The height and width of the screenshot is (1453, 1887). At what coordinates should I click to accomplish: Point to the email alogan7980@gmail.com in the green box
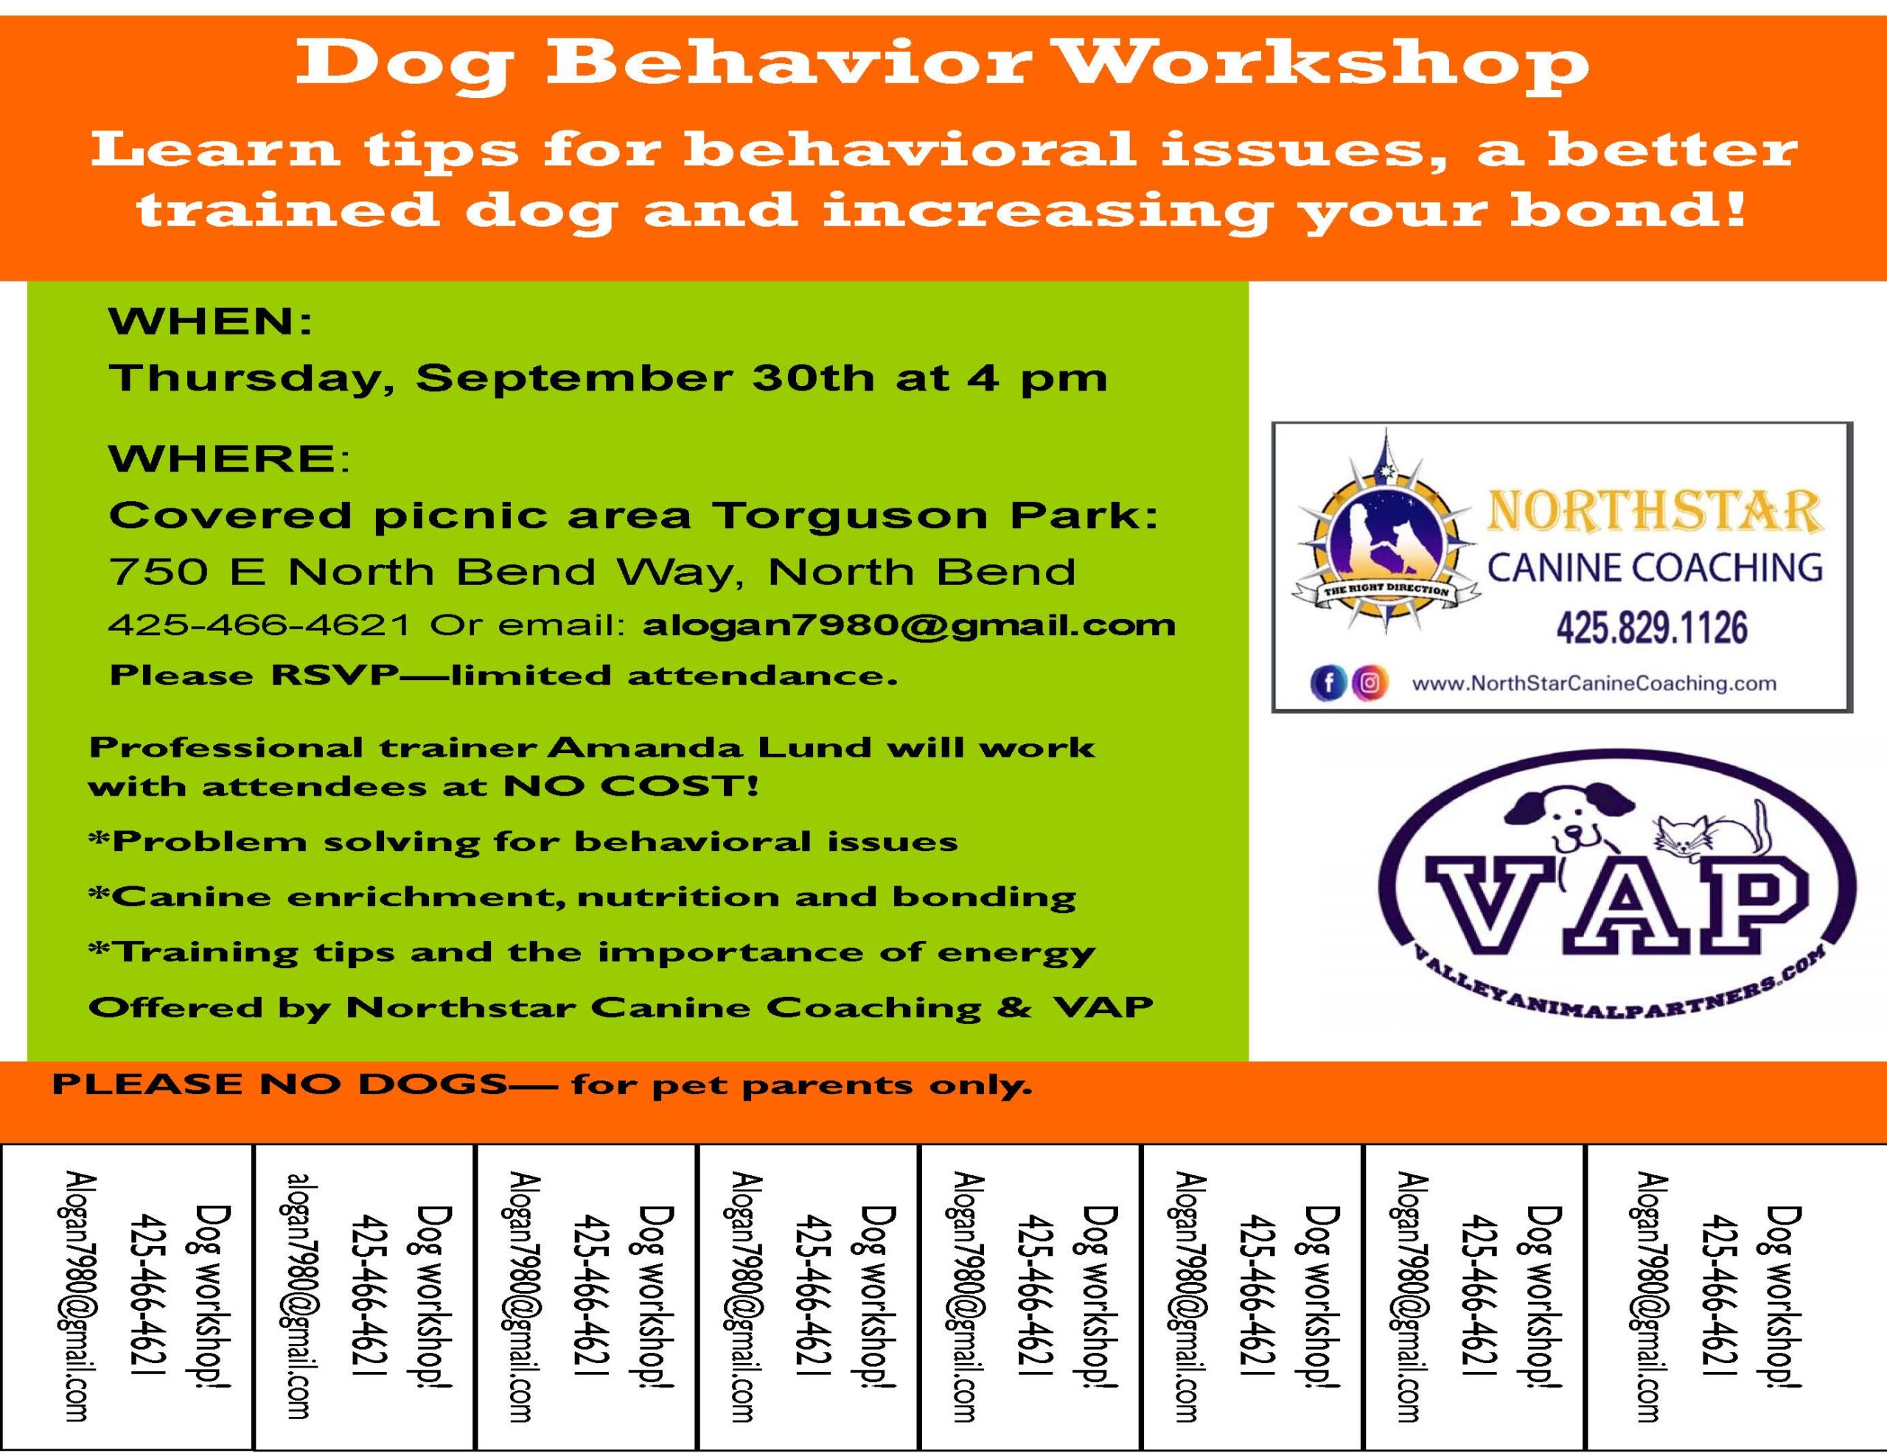(x=909, y=625)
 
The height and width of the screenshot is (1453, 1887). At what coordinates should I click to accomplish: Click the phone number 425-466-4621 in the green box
(x=259, y=625)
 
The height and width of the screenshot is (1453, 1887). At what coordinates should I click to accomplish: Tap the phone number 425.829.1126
(x=1651, y=628)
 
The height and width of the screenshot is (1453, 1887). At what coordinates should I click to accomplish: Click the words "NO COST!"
(x=631, y=787)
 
